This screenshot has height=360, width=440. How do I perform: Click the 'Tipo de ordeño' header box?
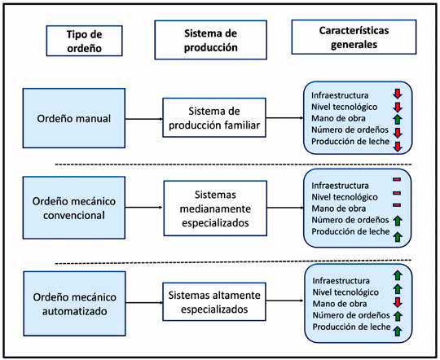pos(84,41)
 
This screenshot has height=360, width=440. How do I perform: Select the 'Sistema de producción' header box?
pos(210,40)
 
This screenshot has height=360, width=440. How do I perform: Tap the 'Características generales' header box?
pos(354,37)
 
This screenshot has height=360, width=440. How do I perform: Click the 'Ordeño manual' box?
pos(74,118)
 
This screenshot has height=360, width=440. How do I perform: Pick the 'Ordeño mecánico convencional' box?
pos(74,208)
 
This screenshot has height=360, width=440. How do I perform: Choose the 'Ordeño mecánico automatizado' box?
pos(75,303)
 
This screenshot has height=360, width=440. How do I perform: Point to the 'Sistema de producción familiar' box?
pos(214,117)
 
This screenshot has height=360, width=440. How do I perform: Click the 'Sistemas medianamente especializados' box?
pos(215,209)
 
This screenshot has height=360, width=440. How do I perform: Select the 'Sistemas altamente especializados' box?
pos(214,301)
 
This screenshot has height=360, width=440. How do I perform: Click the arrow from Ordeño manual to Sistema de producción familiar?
pos(144,119)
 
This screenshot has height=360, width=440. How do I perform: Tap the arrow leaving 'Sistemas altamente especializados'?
pos(285,301)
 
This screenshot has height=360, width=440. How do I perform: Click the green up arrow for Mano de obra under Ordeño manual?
pos(398,119)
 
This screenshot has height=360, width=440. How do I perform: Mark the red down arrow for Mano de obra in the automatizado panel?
pos(398,302)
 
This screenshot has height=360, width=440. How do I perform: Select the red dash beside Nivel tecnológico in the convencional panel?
pos(397,193)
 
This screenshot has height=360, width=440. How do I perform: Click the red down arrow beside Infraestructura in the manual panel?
pos(398,94)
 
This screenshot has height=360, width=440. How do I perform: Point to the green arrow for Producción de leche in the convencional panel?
pos(398,237)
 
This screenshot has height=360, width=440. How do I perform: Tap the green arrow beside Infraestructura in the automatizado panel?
pos(398,275)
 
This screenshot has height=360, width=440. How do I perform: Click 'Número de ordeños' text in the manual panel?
pos(350,130)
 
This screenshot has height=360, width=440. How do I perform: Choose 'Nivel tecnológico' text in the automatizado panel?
pos(345,292)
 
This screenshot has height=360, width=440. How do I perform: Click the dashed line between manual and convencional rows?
pos(234,165)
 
